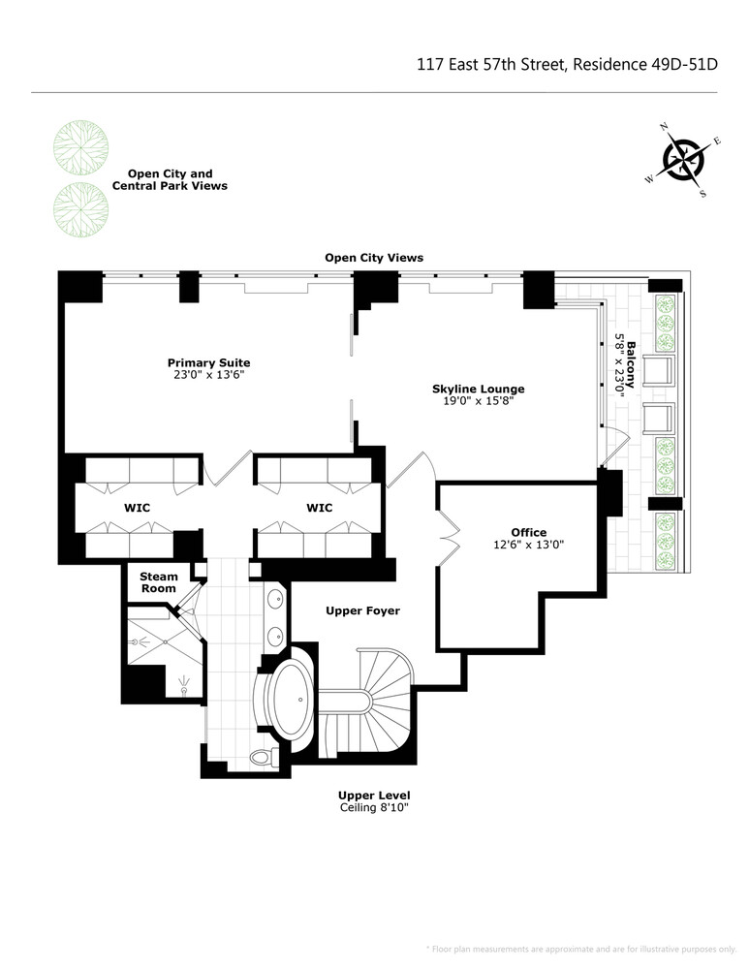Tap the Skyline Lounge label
pyautogui.click(x=478, y=389)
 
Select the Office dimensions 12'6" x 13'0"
pyautogui.click(x=529, y=545)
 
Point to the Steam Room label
pyautogui.click(x=158, y=582)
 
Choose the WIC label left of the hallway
pyautogui.click(x=137, y=507)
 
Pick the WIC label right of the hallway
pyautogui.click(x=319, y=507)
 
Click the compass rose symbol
pyautogui.click(x=684, y=159)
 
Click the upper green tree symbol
pyautogui.click(x=74, y=146)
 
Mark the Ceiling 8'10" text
pyautogui.click(x=374, y=808)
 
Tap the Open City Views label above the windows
pyautogui.click(x=373, y=258)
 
